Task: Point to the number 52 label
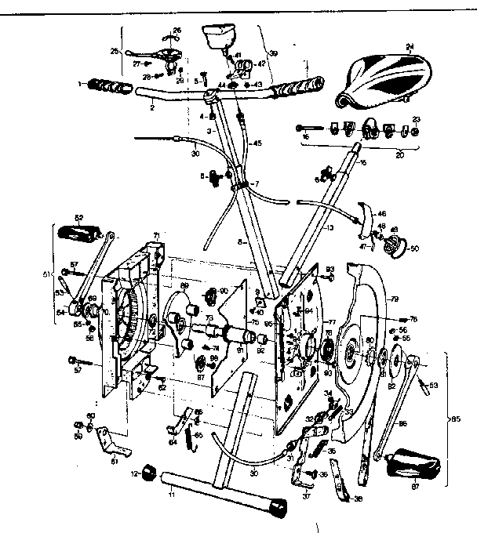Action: pyautogui.click(x=78, y=217)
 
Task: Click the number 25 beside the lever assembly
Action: pyautogui.click(x=115, y=53)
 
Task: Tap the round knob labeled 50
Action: pyautogui.click(x=388, y=245)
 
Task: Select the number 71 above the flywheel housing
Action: pyautogui.click(x=156, y=234)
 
